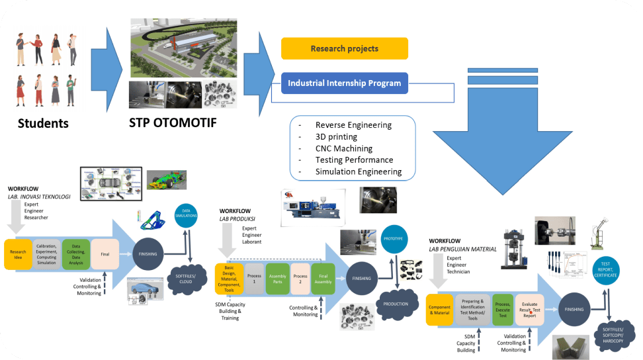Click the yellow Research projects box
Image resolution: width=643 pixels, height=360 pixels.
(x=344, y=48)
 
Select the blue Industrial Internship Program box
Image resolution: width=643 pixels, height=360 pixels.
(x=344, y=83)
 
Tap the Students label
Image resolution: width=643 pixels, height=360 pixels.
(x=43, y=123)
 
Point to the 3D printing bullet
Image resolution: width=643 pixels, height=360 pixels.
(x=336, y=136)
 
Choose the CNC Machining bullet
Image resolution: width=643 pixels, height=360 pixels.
(x=343, y=148)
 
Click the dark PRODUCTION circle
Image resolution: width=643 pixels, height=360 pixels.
(x=396, y=304)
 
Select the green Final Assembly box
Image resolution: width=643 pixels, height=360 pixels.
(x=323, y=279)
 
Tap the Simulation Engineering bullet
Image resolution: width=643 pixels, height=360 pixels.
(x=358, y=171)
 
